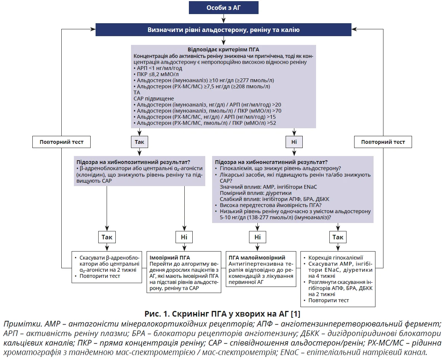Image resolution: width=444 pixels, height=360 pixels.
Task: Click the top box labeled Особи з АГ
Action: pyautogui.click(x=224, y=8)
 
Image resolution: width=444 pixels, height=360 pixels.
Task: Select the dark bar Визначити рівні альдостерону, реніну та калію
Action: pyautogui.click(x=224, y=30)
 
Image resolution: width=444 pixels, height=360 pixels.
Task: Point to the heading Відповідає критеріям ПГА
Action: pyautogui.click(x=224, y=50)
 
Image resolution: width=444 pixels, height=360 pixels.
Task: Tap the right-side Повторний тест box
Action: pyautogui.click(x=383, y=142)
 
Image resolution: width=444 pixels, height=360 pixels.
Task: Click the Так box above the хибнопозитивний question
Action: pyautogui.click(x=139, y=142)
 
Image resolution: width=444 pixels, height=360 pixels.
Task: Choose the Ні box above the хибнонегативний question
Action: pyautogui.click(x=294, y=142)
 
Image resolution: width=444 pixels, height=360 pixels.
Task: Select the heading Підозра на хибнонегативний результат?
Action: pyautogui.click(x=271, y=162)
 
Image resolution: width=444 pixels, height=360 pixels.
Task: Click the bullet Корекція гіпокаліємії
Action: pyautogui.click(x=335, y=257)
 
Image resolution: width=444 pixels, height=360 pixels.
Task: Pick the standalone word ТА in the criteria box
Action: pyautogui.click(x=137, y=92)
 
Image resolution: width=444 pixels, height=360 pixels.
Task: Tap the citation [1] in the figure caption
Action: pyautogui.click(x=295, y=314)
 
